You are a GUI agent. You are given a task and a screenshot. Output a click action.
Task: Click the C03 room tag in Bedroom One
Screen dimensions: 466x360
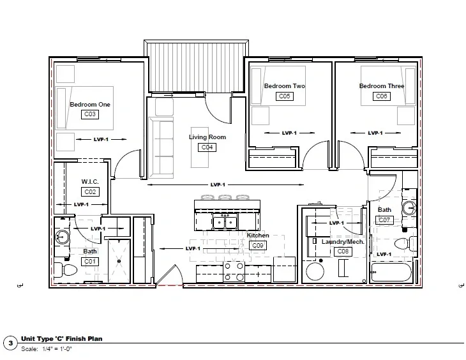[90, 114]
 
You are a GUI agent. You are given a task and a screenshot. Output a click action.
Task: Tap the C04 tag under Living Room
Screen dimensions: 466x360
[207, 147]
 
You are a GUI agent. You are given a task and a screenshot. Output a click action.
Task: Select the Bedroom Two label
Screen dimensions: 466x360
[285, 86]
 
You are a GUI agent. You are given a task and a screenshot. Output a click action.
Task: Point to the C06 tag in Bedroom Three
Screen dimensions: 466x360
[382, 96]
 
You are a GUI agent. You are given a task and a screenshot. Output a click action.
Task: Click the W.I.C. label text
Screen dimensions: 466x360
[90, 182]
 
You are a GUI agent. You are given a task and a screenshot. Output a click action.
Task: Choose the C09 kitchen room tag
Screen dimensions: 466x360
[258, 246]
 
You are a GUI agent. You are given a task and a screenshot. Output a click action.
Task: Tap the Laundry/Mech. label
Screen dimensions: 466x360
[343, 242]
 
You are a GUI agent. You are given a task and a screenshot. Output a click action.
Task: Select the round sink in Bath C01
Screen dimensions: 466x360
[63, 237]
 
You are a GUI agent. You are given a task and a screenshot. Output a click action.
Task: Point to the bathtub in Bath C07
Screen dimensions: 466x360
[391, 272]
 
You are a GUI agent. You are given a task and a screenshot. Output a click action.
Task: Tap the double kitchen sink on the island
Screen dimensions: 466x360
[225, 221]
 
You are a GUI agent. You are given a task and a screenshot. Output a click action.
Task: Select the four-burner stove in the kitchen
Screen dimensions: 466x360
[234, 272]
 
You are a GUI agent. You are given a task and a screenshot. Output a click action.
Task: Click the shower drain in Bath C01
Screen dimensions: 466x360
[119, 261]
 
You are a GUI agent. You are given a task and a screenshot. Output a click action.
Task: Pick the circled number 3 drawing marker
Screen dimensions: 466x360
[11, 343]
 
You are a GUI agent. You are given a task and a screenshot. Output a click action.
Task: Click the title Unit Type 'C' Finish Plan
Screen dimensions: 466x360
[61, 338]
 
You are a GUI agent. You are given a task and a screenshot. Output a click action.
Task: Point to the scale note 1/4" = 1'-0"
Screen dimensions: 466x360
[57, 349]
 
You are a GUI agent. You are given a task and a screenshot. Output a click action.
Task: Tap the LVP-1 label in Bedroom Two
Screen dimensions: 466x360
[289, 133]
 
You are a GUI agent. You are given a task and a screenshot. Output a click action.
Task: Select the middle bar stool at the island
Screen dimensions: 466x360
[225, 197]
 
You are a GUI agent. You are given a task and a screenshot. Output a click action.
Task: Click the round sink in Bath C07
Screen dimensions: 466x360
[409, 208]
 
